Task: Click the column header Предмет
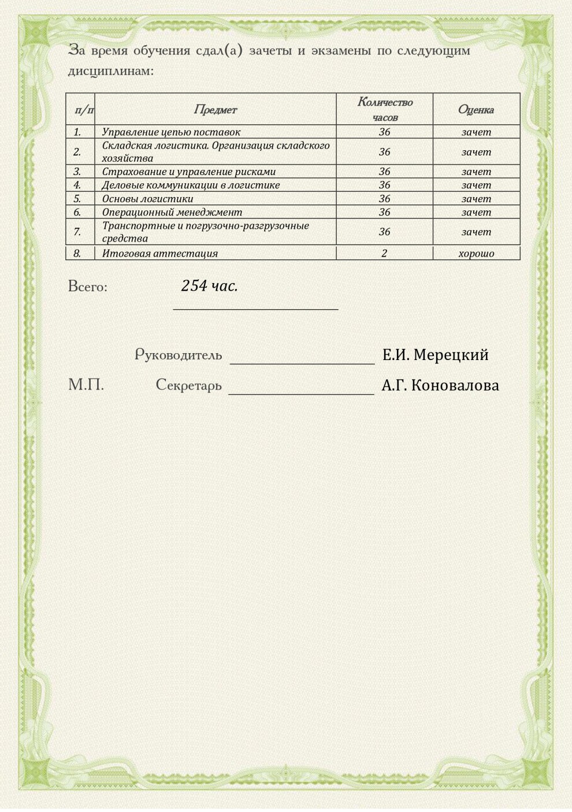(x=215, y=110)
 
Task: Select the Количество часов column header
(x=385, y=109)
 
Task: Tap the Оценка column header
(x=476, y=110)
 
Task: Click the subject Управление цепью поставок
(x=171, y=132)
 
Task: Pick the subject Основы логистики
(x=147, y=199)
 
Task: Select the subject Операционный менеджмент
(x=172, y=212)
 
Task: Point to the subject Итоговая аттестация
(x=159, y=253)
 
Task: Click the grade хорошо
(x=476, y=253)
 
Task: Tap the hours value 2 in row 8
(x=384, y=253)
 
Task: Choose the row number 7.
(x=77, y=232)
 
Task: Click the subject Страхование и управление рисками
(x=188, y=172)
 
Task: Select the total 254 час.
(x=209, y=286)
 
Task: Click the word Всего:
(x=88, y=287)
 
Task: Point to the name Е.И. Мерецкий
(x=435, y=355)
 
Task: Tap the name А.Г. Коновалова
(x=440, y=385)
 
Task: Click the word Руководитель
(x=178, y=355)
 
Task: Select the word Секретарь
(x=188, y=385)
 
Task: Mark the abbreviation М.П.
(x=86, y=385)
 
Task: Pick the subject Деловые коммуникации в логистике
(x=191, y=186)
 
